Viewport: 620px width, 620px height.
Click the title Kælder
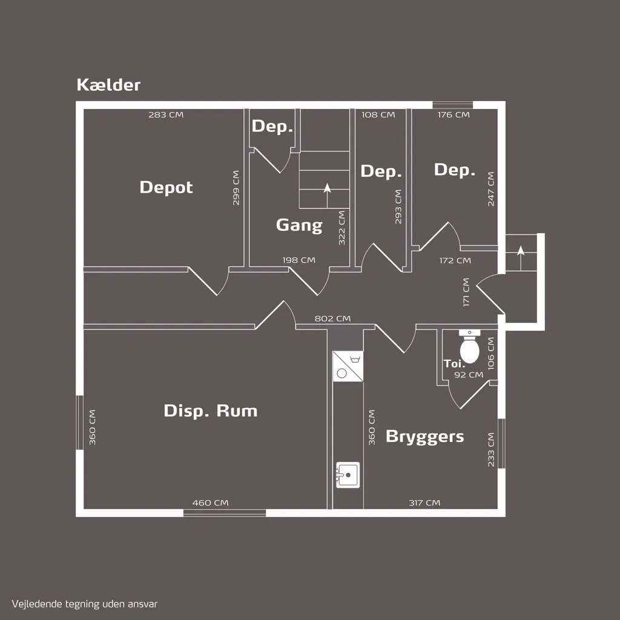tap(108, 85)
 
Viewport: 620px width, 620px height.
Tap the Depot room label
tap(166, 187)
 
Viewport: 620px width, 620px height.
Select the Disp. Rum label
tap(210, 411)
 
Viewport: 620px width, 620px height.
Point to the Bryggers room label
tap(424, 437)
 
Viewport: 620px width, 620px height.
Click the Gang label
tap(299, 225)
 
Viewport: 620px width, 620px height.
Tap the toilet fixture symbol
tap(470, 346)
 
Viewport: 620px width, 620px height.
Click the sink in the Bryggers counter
tap(348, 475)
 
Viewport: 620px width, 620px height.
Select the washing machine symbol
tap(348, 366)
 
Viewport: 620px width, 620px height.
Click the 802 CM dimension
tap(332, 318)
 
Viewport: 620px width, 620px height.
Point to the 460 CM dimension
tap(210, 503)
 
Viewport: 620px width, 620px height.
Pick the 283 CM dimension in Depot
tap(166, 114)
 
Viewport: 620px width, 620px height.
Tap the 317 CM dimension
tap(424, 503)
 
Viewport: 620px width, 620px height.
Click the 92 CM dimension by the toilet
tap(469, 375)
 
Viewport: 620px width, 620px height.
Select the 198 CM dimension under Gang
tap(299, 260)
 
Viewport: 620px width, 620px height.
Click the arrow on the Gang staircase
tap(327, 196)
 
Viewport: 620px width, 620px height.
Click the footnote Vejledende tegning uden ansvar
tap(85, 604)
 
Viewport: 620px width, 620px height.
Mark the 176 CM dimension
tap(453, 114)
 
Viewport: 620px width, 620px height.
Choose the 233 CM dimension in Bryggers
tap(491, 450)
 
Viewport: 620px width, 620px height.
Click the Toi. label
tap(454, 364)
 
